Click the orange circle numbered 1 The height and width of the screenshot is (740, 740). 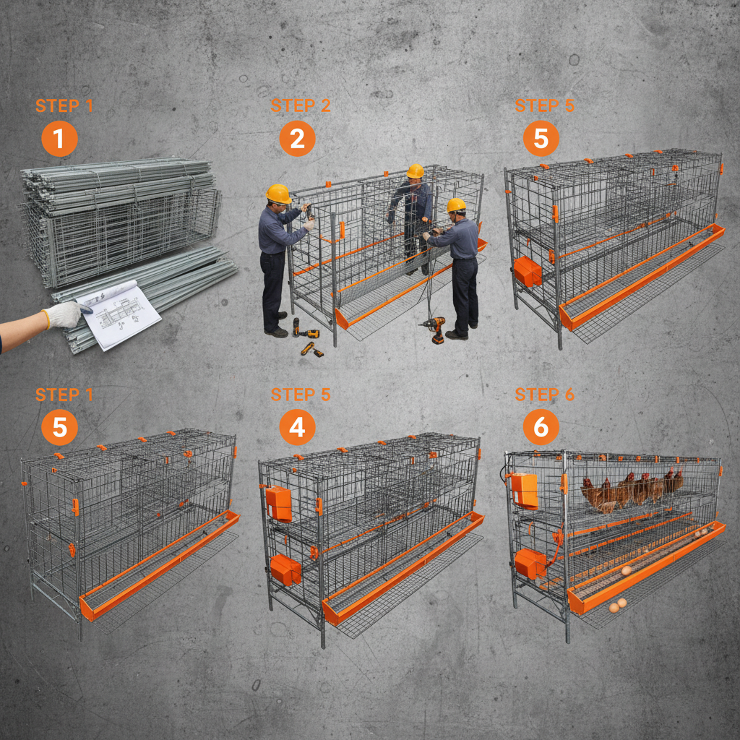tap(59, 139)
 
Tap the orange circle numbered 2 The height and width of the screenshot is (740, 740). tap(297, 139)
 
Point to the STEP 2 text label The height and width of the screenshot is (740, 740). tap(301, 106)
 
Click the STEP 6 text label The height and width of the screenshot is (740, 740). tap(545, 395)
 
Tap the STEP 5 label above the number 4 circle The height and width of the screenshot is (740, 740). tap(301, 395)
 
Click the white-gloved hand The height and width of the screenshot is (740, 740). tap(64, 315)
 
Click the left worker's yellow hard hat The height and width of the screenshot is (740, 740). tap(278, 194)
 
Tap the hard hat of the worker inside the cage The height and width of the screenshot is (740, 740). tap(415, 171)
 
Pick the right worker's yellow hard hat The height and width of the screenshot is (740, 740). tap(456, 205)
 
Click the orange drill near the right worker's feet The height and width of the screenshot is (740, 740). tap(434, 329)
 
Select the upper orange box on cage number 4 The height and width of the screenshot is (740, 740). tap(278, 503)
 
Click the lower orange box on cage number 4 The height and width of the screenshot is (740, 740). tap(285, 570)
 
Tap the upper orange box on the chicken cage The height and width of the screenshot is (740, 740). tap(525, 490)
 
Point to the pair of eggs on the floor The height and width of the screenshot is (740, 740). tap(617, 605)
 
